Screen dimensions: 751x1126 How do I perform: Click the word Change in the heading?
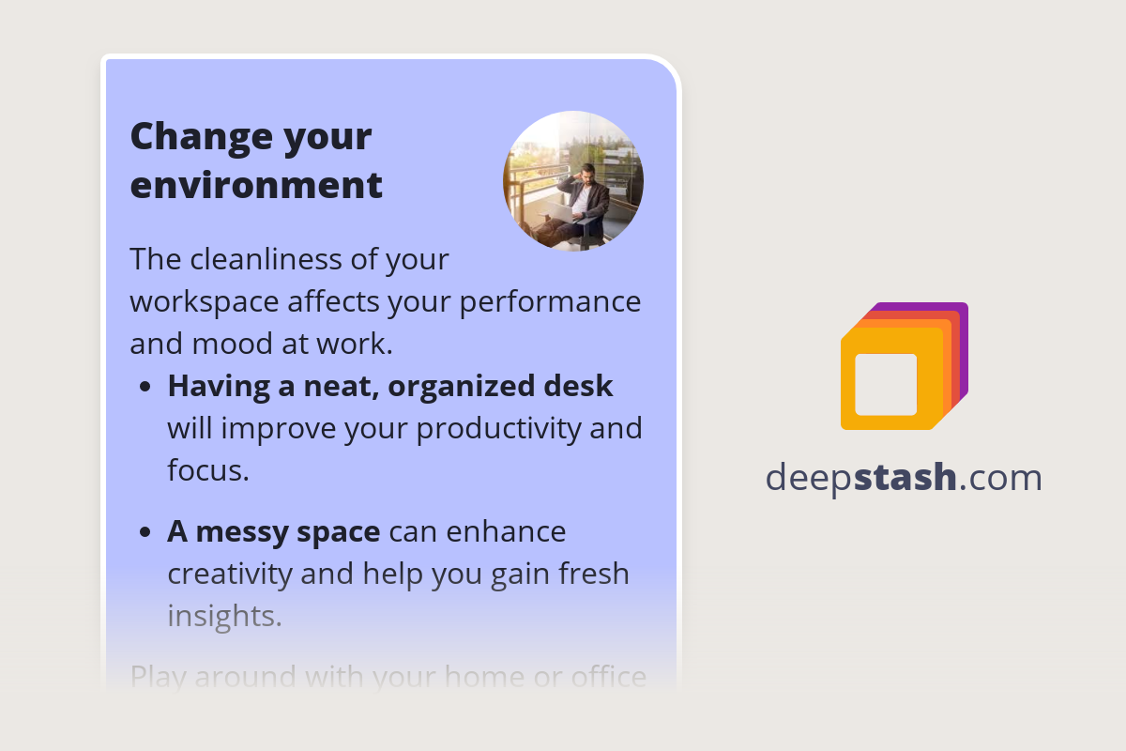[x=186, y=137]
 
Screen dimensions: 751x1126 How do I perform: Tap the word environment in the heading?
[x=256, y=185]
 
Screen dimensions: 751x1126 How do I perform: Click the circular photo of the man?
[x=572, y=181]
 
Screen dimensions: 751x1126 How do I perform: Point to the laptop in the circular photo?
[x=564, y=212]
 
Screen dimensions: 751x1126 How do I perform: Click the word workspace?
[x=204, y=302]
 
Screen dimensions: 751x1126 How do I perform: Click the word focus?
[x=206, y=469]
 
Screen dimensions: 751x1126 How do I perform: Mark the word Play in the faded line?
[x=160, y=676]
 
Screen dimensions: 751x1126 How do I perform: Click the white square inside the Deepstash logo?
[x=886, y=384]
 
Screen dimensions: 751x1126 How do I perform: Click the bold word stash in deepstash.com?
[x=905, y=478]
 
